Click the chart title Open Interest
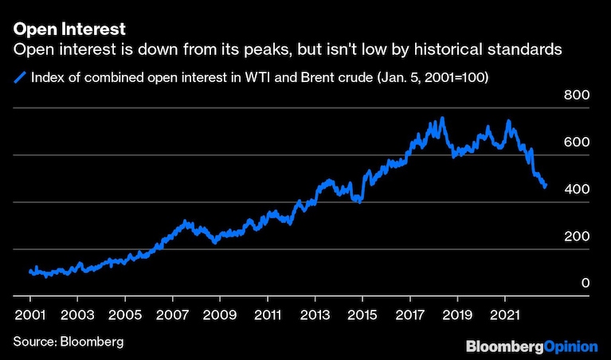(x=69, y=30)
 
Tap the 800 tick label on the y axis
(x=576, y=96)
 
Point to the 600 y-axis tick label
(x=576, y=143)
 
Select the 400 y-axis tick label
(x=576, y=190)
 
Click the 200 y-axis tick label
(x=576, y=237)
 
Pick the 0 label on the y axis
(x=584, y=284)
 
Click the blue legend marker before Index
(x=19, y=77)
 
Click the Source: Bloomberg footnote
(x=69, y=342)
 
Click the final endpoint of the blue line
(x=545, y=186)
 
